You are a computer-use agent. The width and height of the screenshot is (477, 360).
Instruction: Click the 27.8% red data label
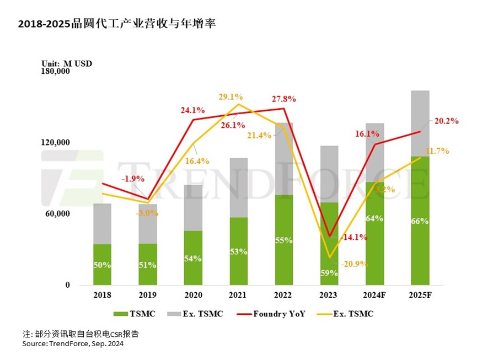(x=285, y=99)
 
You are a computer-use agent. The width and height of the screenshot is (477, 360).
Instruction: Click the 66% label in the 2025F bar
(x=420, y=221)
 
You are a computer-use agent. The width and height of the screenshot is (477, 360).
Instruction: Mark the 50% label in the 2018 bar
(x=102, y=265)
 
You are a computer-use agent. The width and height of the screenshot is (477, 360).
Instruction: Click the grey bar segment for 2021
(x=238, y=187)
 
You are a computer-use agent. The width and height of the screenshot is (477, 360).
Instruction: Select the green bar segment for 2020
(x=193, y=257)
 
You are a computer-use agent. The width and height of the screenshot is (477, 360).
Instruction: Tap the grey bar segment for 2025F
(x=420, y=123)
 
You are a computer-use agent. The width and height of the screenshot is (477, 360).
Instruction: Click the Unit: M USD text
(x=67, y=63)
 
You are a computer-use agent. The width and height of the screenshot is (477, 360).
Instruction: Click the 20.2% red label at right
(x=446, y=121)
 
